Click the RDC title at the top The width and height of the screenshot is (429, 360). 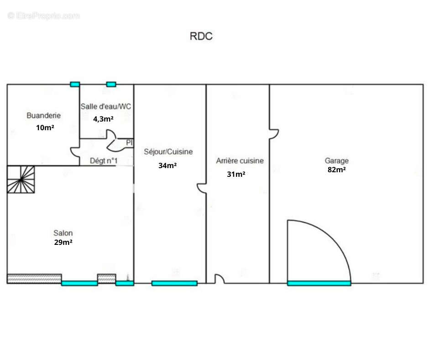(x=201, y=36)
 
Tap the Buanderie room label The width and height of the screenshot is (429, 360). (x=43, y=116)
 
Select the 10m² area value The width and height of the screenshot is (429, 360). (x=45, y=127)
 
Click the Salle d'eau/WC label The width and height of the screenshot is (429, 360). (x=105, y=106)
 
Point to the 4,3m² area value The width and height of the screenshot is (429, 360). (x=103, y=119)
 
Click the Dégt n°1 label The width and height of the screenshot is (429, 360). (x=104, y=160)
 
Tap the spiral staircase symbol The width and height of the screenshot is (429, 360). (x=21, y=180)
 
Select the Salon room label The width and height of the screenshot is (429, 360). (x=63, y=233)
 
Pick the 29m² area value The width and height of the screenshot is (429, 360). (x=63, y=242)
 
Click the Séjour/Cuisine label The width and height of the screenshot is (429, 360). (x=168, y=152)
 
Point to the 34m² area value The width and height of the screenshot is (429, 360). (x=167, y=165)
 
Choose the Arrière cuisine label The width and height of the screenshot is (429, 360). (x=240, y=160)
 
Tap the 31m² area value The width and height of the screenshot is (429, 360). (x=236, y=174)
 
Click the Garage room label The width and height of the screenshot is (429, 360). (x=336, y=160)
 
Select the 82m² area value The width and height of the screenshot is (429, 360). (x=336, y=169)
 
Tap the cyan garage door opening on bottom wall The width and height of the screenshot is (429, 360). (x=319, y=283)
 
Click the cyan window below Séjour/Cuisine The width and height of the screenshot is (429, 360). (x=174, y=283)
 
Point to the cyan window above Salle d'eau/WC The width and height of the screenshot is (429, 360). (x=111, y=85)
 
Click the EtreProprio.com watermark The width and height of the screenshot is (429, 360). (x=44, y=16)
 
